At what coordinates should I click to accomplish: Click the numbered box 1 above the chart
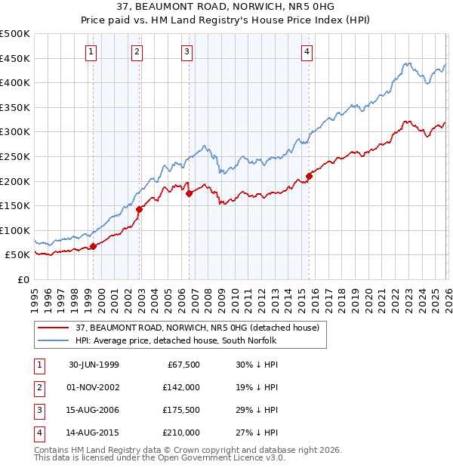coord(91,52)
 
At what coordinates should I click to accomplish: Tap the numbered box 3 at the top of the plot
coord(186,52)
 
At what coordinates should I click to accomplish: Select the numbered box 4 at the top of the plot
coord(307,52)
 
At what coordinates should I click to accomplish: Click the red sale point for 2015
coord(309,177)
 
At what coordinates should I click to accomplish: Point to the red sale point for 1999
coord(94,246)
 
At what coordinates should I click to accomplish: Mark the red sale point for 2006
coord(189,193)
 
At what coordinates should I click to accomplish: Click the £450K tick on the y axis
coord(15,58)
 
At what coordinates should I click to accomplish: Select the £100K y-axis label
coord(15,230)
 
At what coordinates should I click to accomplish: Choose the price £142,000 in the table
coord(180,386)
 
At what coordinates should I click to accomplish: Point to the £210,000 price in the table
coord(180,433)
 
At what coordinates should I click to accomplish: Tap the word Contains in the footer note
coord(52,450)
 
